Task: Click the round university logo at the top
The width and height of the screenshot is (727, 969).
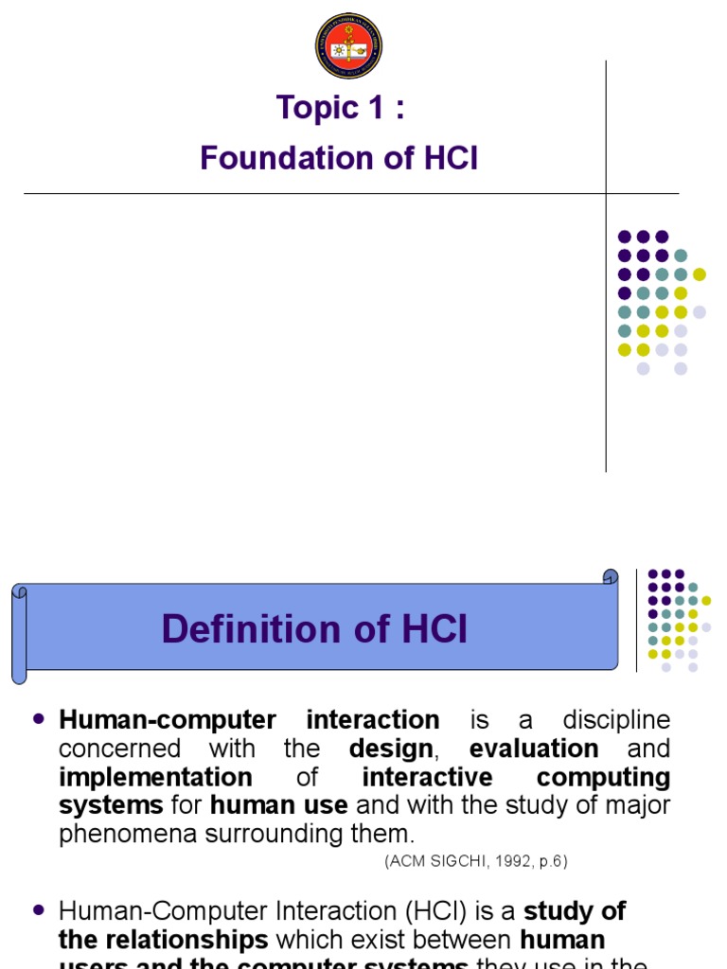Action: (x=348, y=45)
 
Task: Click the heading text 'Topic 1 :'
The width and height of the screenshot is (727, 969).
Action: (x=341, y=108)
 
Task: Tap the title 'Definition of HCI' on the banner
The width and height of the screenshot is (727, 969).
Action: (x=314, y=629)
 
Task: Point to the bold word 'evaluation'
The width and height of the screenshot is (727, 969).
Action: (x=534, y=749)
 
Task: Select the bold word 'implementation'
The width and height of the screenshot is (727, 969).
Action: (x=155, y=778)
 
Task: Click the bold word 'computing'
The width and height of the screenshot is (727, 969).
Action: (x=604, y=778)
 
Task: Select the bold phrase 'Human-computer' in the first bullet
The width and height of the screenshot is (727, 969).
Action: (x=168, y=720)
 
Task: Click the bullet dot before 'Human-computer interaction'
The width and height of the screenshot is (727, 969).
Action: (x=39, y=719)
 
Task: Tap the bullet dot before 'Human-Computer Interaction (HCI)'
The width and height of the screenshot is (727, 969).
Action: (x=39, y=909)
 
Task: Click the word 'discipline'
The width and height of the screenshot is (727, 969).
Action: (x=616, y=720)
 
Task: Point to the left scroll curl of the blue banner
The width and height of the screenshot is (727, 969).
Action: (x=20, y=632)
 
